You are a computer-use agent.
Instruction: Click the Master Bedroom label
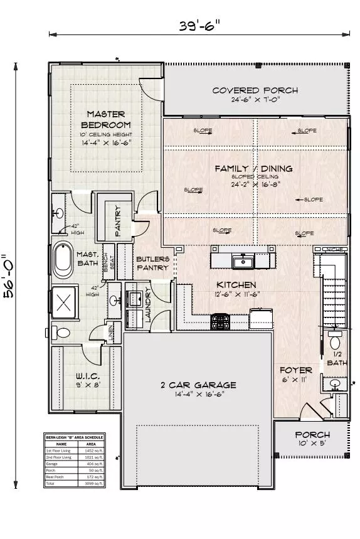point(106,119)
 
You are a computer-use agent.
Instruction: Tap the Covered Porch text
point(255,90)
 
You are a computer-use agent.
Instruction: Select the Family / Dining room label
point(253,169)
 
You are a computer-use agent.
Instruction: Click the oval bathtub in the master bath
point(63,261)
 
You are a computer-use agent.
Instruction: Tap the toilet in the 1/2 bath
point(334,342)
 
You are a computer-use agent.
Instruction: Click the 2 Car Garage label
point(197,385)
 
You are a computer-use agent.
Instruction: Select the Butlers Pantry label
point(152,262)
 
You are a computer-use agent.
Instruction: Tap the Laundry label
point(149,305)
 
